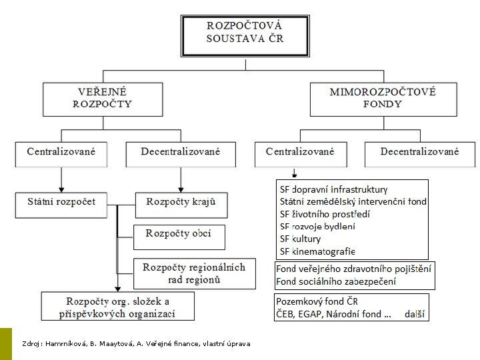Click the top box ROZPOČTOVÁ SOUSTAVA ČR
pos(245,33)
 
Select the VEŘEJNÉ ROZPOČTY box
pos(102,99)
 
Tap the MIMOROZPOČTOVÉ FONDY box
pos(383,99)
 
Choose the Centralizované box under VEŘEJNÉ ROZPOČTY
pos(62,153)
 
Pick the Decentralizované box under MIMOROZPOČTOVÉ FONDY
pos(419,153)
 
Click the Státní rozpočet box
pos(61,202)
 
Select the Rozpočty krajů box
pos(181,202)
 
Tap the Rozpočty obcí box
pos(179,235)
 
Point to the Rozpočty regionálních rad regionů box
pos(194,273)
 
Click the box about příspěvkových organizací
pos(118,307)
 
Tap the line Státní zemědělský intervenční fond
pos(353,201)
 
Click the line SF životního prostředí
pos(325,214)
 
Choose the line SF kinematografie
pos(317,251)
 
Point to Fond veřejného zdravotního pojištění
pos(353,269)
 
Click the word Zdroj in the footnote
pos(31,343)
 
